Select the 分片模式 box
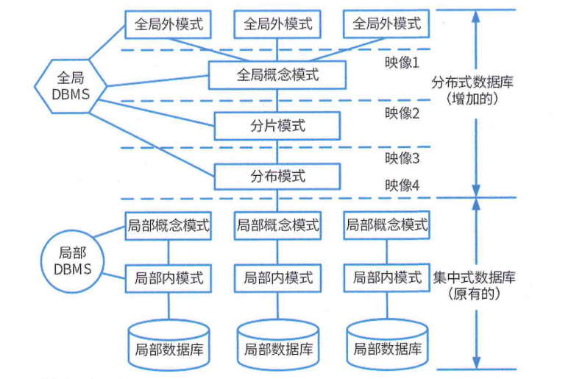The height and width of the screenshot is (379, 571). pyautogui.click(x=277, y=126)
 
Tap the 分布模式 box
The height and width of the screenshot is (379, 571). pyautogui.click(x=277, y=177)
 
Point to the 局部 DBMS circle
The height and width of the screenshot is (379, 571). pyautogui.click(x=73, y=260)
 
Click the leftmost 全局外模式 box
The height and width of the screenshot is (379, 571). pyautogui.click(x=169, y=24)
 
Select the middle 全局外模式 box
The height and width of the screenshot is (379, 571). pyautogui.click(x=277, y=24)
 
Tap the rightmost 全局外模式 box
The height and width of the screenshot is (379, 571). pyautogui.click(x=386, y=24)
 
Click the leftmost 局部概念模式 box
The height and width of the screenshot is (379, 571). pyautogui.click(x=169, y=225)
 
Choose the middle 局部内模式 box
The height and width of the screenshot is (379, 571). pyautogui.click(x=277, y=278)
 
